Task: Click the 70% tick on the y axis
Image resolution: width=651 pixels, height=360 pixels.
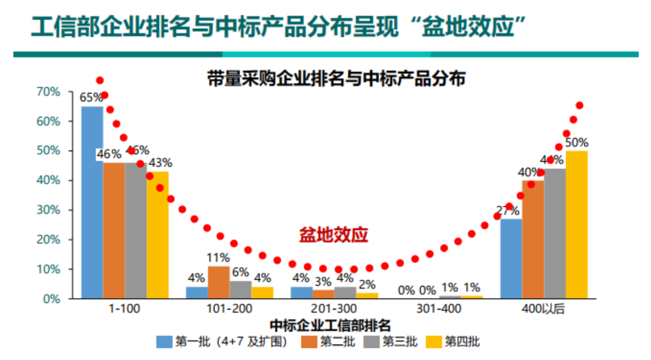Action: coord(48,92)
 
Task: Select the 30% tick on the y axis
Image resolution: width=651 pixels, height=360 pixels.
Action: coord(48,210)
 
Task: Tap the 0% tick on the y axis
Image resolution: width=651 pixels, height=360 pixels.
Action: coord(51,299)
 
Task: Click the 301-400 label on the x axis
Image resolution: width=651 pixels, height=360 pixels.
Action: coord(440,309)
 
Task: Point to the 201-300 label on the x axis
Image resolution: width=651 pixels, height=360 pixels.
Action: coord(334,309)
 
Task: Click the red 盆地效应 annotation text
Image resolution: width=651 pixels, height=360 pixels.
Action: coord(334,235)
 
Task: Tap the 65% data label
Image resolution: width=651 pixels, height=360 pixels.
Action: coord(91,98)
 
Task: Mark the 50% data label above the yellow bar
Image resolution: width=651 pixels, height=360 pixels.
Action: coord(577,143)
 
